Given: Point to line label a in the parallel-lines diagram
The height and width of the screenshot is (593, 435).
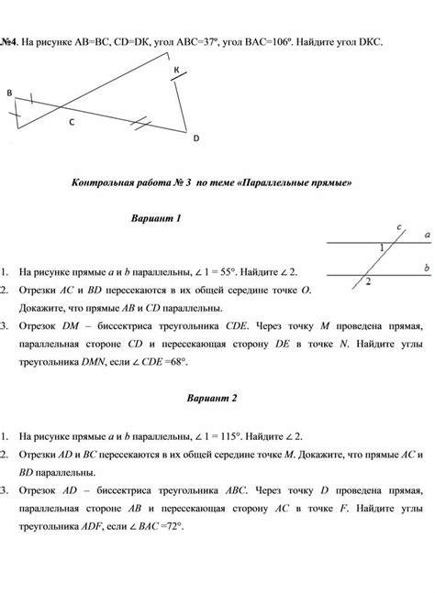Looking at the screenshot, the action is tap(427, 235).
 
